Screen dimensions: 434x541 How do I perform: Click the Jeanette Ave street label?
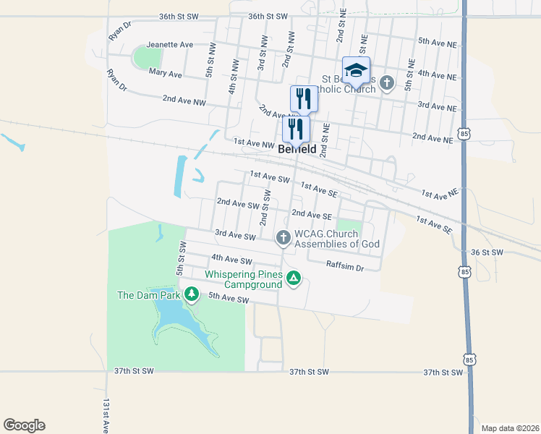(x=169, y=44)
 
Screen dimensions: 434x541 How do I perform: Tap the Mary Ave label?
(x=165, y=73)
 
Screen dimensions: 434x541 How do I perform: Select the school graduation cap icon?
(x=356, y=70)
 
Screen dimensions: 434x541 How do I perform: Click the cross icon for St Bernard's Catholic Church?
(x=387, y=82)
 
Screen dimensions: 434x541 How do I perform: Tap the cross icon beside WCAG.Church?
(x=283, y=237)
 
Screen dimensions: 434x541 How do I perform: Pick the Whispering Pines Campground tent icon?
(x=293, y=278)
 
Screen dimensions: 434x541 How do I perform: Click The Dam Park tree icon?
(x=192, y=294)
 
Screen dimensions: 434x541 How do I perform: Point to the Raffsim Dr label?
(x=344, y=266)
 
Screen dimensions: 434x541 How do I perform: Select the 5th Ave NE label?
(x=437, y=42)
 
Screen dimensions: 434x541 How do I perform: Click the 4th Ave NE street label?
(x=437, y=75)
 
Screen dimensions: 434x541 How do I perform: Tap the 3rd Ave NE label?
(x=437, y=106)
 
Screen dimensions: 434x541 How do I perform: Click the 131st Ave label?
(x=106, y=416)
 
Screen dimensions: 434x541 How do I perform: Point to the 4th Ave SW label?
(x=231, y=259)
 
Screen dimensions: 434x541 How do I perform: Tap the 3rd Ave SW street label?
(x=236, y=235)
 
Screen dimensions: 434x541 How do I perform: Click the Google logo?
(x=24, y=425)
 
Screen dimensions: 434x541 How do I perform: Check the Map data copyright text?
(x=510, y=427)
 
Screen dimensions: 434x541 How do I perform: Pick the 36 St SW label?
(x=486, y=252)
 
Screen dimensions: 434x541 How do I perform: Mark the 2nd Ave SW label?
(x=238, y=205)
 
